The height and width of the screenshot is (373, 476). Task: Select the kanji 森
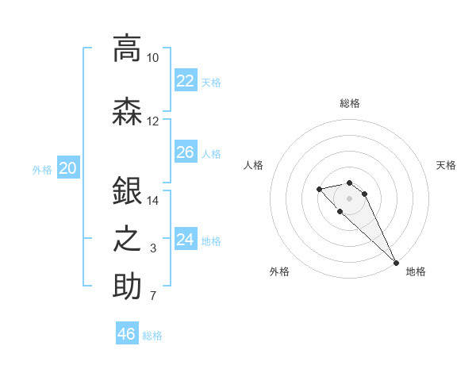coord(127,111)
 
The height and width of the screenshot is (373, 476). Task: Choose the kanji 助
coord(127,286)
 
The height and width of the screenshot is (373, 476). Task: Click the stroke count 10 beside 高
coord(153,58)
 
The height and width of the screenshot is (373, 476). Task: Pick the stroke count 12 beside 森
coord(153,121)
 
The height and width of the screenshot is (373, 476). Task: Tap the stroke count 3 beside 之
coord(153,249)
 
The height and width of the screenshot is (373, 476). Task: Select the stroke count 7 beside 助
coord(153,297)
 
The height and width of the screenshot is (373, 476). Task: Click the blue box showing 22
coord(185,80)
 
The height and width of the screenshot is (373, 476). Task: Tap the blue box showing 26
coord(185,152)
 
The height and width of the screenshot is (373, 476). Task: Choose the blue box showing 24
coord(185,239)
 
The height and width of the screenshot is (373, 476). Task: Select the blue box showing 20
coord(68,167)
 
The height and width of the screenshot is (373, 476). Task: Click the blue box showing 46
coord(126,334)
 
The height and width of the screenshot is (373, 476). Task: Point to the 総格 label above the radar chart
coord(350,103)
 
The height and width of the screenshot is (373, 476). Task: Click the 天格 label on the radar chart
coord(446,165)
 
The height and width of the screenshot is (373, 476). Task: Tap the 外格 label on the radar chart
coord(279,271)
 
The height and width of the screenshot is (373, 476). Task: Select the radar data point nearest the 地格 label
coord(396,263)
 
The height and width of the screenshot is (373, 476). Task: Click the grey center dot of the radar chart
coord(350,198)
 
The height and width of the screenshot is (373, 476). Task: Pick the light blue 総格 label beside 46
coord(153,336)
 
